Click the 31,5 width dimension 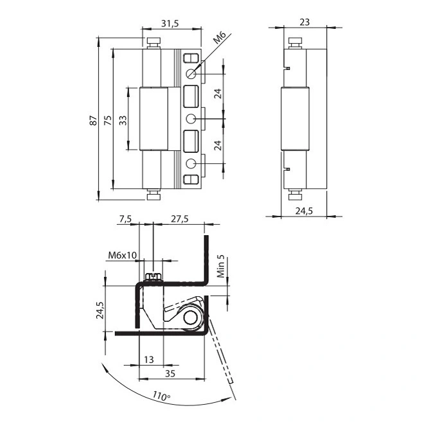(170, 23)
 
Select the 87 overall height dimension (93, 119)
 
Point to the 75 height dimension (107, 119)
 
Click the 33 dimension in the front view (122, 119)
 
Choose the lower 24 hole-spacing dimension (218, 144)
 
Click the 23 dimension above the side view (305, 22)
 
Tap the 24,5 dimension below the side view (304, 209)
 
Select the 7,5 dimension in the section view (125, 219)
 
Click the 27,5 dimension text (180, 219)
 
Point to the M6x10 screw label (122, 255)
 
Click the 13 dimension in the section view (150, 360)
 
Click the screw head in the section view (152, 277)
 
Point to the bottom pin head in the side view (295, 195)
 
